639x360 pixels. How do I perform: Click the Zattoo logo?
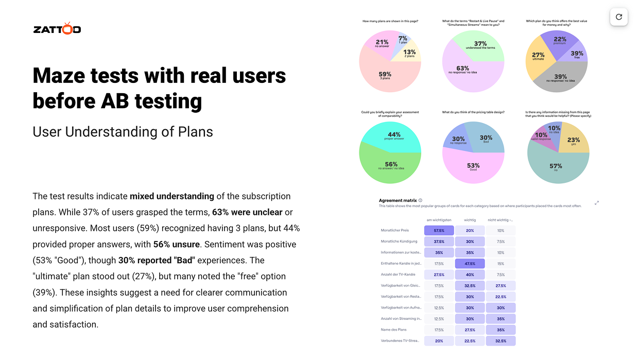57,29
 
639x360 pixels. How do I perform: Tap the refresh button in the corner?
618,17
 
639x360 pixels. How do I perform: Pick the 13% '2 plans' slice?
409,53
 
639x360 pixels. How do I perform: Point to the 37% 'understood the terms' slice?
480,45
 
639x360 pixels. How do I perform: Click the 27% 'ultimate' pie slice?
539,57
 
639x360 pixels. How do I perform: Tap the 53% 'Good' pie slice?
473,165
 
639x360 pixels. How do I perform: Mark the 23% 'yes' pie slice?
573,140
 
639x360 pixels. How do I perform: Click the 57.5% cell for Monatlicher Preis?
439,231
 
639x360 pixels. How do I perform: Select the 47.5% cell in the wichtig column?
470,263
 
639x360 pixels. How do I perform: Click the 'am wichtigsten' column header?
439,220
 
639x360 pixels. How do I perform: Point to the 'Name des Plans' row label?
393,330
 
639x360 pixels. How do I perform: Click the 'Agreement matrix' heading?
397,200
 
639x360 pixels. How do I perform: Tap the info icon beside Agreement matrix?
421,200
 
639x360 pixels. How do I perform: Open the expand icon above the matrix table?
597,202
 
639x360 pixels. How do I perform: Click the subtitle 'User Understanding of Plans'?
123,132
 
